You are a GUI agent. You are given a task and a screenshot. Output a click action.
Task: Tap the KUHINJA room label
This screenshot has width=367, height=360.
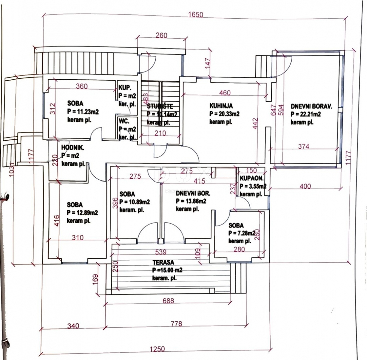pyautogui.click(x=221, y=106)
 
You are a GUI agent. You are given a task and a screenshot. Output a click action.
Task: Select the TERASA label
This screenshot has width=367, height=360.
pyautogui.click(x=163, y=262)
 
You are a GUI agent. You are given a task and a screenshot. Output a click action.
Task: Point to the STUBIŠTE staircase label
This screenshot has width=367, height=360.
pyautogui.click(x=160, y=107)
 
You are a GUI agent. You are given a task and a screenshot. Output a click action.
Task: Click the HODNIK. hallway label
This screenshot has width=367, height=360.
pyautogui.click(x=72, y=148)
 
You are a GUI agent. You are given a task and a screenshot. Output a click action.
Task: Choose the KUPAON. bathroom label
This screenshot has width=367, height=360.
pyautogui.click(x=252, y=179)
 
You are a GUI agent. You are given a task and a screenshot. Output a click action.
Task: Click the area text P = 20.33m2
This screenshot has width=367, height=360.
pyautogui.click(x=224, y=114)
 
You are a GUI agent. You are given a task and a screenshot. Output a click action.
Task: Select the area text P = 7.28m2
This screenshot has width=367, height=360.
pyautogui.click(x=242, y=233)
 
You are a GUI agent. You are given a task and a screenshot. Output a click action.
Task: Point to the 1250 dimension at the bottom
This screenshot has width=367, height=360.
pyautogui.click(x=157, y=349)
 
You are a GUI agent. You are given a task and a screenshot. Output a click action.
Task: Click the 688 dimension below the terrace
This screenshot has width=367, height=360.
pyautogui.click(x=168, y=301)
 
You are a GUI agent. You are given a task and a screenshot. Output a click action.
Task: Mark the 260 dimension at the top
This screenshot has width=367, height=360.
pyautogui.click(x=161, y=35)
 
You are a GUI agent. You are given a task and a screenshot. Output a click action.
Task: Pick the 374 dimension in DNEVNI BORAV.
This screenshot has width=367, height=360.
pyautogui.click(x=303, y=146)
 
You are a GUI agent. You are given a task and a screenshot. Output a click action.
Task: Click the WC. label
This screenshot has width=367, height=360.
pyautogui.click(x=123, y=120)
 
